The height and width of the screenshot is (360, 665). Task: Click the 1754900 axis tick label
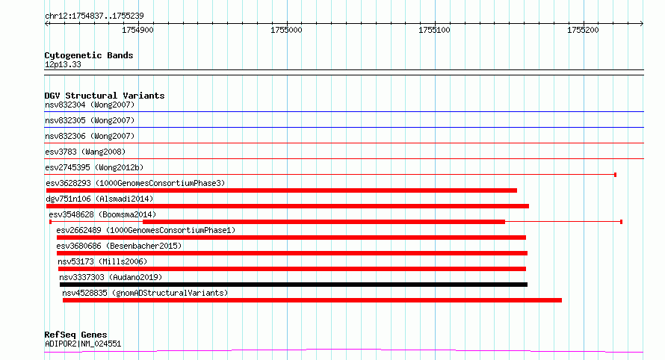[137, 30]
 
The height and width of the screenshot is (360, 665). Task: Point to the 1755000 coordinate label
[286, 30]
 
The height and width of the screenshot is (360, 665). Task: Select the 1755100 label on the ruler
[434, 30]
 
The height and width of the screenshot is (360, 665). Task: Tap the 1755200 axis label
[583, 30]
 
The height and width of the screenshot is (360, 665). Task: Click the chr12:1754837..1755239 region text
[94, 16]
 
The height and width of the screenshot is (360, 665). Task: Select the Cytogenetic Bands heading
[89, 55]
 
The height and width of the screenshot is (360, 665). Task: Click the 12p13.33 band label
[63, 64]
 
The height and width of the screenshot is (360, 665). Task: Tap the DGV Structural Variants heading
[105, 96]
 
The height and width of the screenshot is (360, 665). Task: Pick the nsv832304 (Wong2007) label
[90, 105]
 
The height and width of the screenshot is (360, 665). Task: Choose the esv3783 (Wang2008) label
[85, 152]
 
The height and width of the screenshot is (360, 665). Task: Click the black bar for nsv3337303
[294, 285]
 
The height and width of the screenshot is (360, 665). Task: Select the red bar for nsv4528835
[312, 300]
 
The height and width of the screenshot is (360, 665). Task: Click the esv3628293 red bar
[282, 190]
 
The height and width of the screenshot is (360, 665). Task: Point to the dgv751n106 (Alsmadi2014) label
[99, 199]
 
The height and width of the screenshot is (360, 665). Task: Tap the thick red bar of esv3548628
[324, 222]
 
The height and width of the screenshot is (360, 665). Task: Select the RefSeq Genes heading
[75, 335]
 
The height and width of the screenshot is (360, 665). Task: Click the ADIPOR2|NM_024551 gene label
[83, 344]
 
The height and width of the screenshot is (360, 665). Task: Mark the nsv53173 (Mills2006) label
[102, 261]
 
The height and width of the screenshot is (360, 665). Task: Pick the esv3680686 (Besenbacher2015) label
[119, 246]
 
